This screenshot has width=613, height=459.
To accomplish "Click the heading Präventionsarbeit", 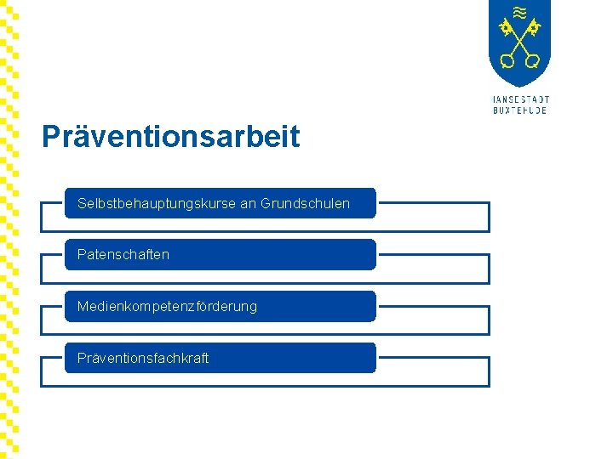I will [170, 137].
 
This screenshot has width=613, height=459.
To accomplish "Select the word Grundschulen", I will [305, 204].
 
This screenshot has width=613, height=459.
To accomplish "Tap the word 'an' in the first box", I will [248, 204].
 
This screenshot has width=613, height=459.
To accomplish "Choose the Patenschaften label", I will [123, 255].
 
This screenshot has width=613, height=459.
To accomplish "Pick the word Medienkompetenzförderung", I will [167, 306].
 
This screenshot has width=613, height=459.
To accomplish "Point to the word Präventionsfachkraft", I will [143, 358].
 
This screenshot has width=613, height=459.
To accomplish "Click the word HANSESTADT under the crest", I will [520, 99].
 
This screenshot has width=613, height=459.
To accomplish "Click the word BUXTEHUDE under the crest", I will [520, 110].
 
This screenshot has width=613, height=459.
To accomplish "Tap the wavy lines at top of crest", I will [519, 12].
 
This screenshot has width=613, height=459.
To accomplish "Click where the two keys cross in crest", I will [519, 42].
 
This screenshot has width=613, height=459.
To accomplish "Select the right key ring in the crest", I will [532, 61].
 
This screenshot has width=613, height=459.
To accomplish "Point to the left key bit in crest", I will [507, 27].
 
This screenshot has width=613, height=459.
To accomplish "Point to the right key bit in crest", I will [533, 27].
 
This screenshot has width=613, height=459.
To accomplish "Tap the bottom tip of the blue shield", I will [519, 86].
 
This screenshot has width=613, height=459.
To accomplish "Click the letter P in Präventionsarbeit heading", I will [50, 137].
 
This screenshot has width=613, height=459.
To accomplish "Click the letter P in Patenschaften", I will [81, 255].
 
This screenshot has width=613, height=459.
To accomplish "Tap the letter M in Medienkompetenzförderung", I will [83, 306].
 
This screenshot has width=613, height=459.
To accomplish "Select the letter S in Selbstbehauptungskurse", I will [82, 204].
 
